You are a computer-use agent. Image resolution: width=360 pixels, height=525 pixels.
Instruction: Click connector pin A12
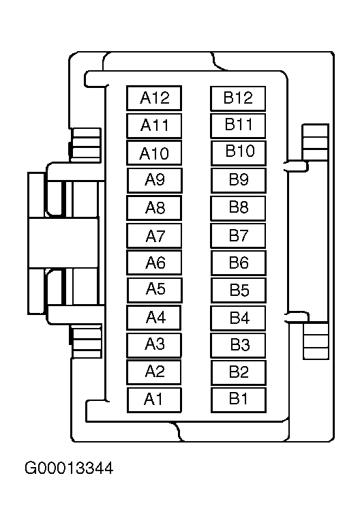point(154,98)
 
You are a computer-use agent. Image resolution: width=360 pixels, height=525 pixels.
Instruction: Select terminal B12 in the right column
point(238,98)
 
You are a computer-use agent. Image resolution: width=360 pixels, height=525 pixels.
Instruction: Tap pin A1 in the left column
point(154,400)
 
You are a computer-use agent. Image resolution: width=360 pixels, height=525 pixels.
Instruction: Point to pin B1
point(239,400)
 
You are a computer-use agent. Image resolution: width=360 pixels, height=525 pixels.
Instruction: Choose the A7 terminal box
point(154,236)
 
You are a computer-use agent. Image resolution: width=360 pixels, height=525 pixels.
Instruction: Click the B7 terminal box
point(238,236)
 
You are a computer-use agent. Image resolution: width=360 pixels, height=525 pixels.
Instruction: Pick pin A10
point(154,153)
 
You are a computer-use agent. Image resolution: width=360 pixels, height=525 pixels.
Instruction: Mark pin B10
point(239,153)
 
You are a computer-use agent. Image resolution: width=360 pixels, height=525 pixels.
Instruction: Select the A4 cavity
point(154,318)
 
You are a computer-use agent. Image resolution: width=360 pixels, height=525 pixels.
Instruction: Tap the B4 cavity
point(238,318)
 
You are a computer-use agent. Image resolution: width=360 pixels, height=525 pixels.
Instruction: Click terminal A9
point(154,181)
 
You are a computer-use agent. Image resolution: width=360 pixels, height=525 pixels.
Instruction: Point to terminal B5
point(239,290)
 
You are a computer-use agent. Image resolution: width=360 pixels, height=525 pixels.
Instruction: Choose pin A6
point(154,262)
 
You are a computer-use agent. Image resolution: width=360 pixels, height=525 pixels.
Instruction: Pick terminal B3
point(238,345)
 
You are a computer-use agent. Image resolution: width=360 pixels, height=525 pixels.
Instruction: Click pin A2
point(154,372)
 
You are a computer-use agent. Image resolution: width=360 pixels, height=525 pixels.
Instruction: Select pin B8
point(238,208)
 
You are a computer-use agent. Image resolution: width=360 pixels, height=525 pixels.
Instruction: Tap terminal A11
point(154,126)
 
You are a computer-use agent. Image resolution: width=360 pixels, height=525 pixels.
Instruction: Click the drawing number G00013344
point(69,468)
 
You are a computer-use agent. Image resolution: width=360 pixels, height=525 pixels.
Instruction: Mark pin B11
point(238,126)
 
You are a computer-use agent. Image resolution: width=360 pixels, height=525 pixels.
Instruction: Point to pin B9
point(239,181)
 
